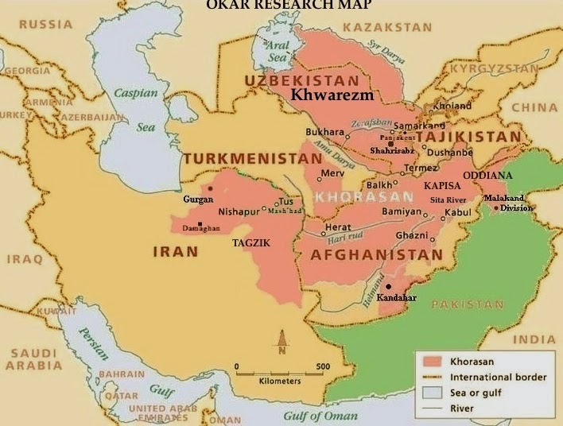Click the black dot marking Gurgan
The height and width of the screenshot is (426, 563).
pyautogui.click(x=210, y=189)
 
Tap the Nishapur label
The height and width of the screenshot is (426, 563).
pyautogui.click(x=239, y=212)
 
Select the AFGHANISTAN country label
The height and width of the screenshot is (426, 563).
pyautogui.click(x=376, y=255)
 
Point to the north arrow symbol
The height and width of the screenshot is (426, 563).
pyautogui.click(x=281, y=343)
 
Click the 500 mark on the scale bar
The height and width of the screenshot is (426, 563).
pyautogui.click(x=323, y=366)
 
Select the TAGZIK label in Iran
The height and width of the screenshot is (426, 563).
pyautogui.click(x=249, y=242)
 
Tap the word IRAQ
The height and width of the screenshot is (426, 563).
pyautogui.click(x=21, y=259)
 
